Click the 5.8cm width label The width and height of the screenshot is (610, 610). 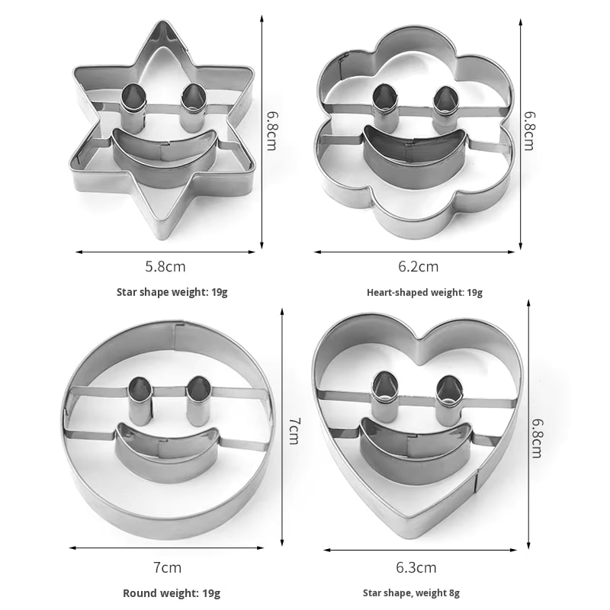[x=165, y=266]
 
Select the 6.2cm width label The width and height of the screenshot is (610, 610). [x=418, y=266]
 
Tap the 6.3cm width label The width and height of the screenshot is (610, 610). [x=416, y=567]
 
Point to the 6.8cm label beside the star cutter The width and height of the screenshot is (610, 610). [x=271, y=130]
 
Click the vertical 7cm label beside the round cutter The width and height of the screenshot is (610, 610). [x=294, y=431]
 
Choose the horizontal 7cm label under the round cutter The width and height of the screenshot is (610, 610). [x=167, y=567]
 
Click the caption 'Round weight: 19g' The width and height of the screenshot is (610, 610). [x=172, y=593]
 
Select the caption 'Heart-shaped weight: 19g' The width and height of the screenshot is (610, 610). [x=425, y=293]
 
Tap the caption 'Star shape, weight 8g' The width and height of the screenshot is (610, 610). [x=411, y=593]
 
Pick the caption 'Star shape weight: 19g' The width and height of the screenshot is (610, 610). [x=172, y=292]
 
